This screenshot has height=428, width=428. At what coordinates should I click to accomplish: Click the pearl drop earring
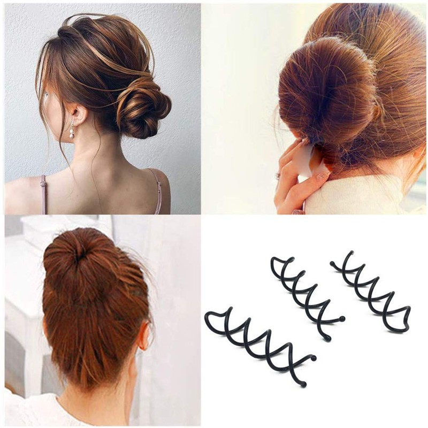click(x=71, y=132)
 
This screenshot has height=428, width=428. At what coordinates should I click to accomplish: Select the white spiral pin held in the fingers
click(x=307, y=160)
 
